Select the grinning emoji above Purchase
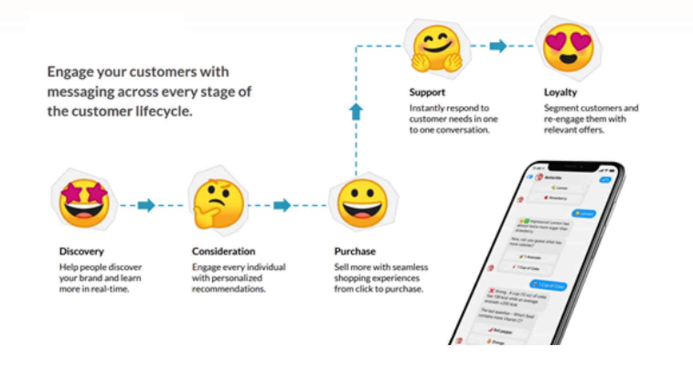pyautogui.click(x=362, y=205)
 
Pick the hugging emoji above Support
pyautogui.click(x=436, y=48)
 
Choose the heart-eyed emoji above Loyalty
pyautogui.click(x=568, y=45)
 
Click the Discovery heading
pyautogui.click(x=81, y=251)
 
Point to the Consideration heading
pyautogui.click(x=224, y=251)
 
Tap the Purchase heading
pyautogui.click(x=355, y=251)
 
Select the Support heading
pyautogui.click(x=427, y=92)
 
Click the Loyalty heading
pyautogui.click(x=560, y=92)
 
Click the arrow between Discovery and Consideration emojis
pyautogui.click(x=146, y=205)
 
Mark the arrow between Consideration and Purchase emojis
pyautogui.click(x=282, y=205)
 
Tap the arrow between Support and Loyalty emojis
pyautogui.click(x=498, y=46)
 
